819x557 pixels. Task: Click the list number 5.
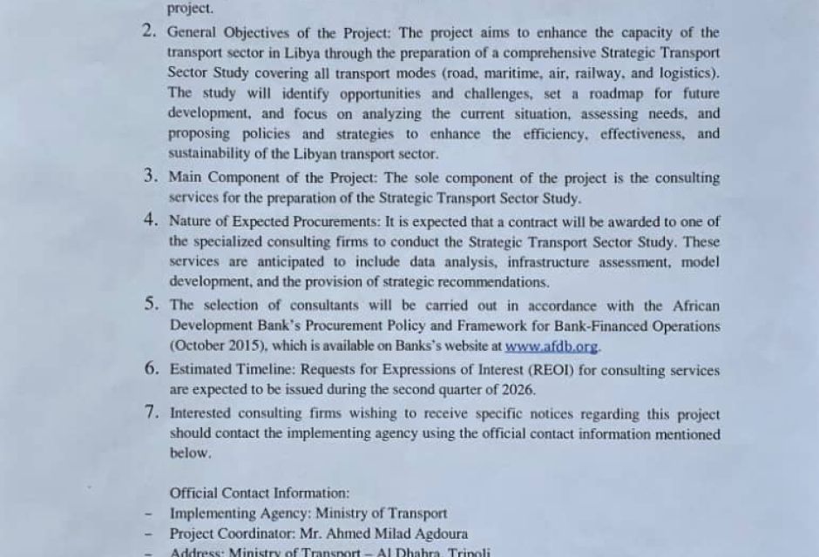(151, 305)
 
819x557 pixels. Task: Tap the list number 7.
(151, 413)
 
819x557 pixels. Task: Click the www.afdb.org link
(552, 346)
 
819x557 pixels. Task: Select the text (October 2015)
(218, 346)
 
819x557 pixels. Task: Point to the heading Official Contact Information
(260, 493)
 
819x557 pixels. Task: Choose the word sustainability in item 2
(208, 155)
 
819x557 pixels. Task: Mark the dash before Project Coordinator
(149, 534)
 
